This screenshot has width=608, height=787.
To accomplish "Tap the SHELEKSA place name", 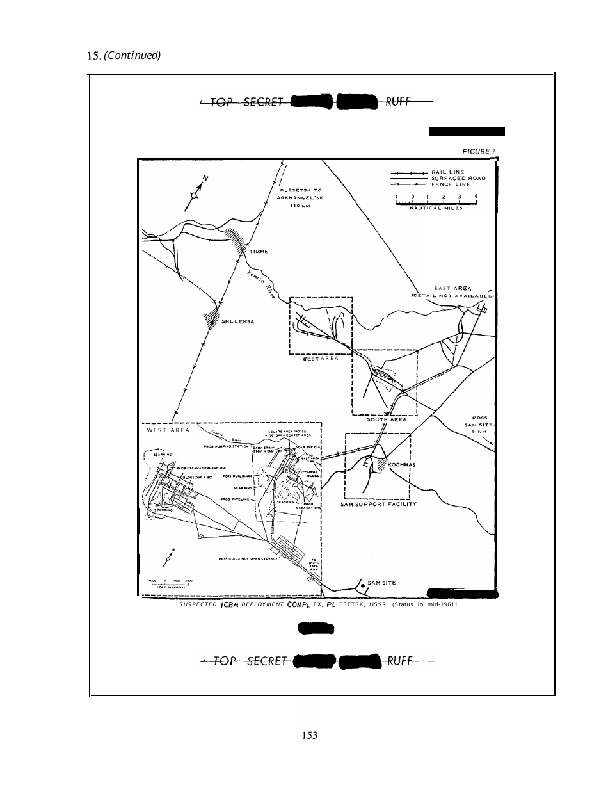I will [x=238, y=321].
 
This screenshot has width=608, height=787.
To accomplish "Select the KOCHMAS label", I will [x=402, y=464].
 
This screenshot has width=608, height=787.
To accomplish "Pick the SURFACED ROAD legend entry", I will [x=459, y=178].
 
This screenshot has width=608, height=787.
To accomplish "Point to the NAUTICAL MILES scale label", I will [x=436, y=208].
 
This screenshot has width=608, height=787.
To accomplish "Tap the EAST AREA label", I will [x=452, y=289].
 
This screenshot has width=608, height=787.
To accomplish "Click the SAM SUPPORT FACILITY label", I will [x=379, y=504].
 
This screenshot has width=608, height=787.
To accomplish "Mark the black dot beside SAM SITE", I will [x=363, y=585].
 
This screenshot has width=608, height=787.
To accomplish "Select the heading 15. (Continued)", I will [x=124, y=55].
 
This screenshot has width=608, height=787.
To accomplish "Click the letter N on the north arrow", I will [x=205, y=177].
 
